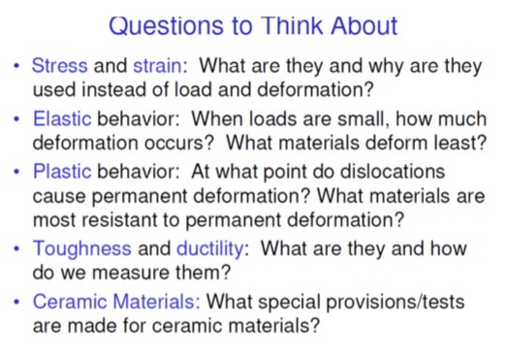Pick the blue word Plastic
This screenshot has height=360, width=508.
(x=63, y=172)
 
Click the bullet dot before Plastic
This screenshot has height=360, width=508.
(x=16, y=173)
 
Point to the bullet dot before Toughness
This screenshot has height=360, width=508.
(x=16, y=249)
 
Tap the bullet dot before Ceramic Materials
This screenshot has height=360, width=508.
(x=16, y=302)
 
